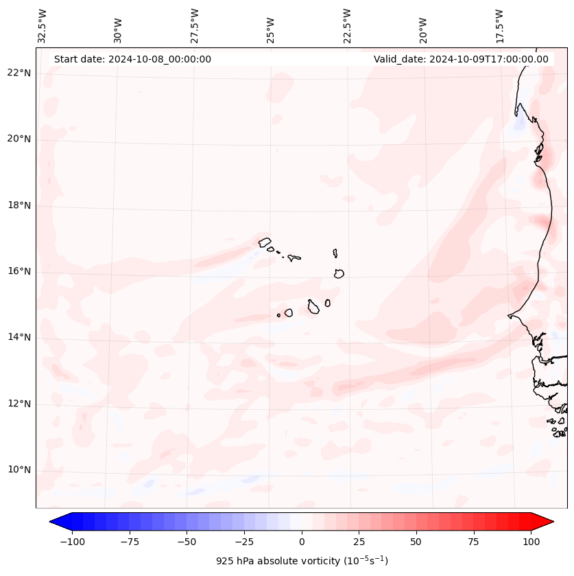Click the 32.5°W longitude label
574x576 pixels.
tap(43, 25)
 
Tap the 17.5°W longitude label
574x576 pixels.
tap(499, 25)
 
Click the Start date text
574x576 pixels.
tap(132, 59)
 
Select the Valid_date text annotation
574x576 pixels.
tap(461, 59)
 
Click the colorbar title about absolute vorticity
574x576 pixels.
tap(302, 561)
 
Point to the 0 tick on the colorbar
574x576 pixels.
tap(302, 542)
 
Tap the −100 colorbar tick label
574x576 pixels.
tap(73, 542)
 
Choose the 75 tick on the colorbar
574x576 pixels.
tap(473, 542)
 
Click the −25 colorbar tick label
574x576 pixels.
tap(244, 542)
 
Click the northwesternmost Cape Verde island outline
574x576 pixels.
tap(265, 242)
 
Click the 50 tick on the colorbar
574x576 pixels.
tap(416, 542)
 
